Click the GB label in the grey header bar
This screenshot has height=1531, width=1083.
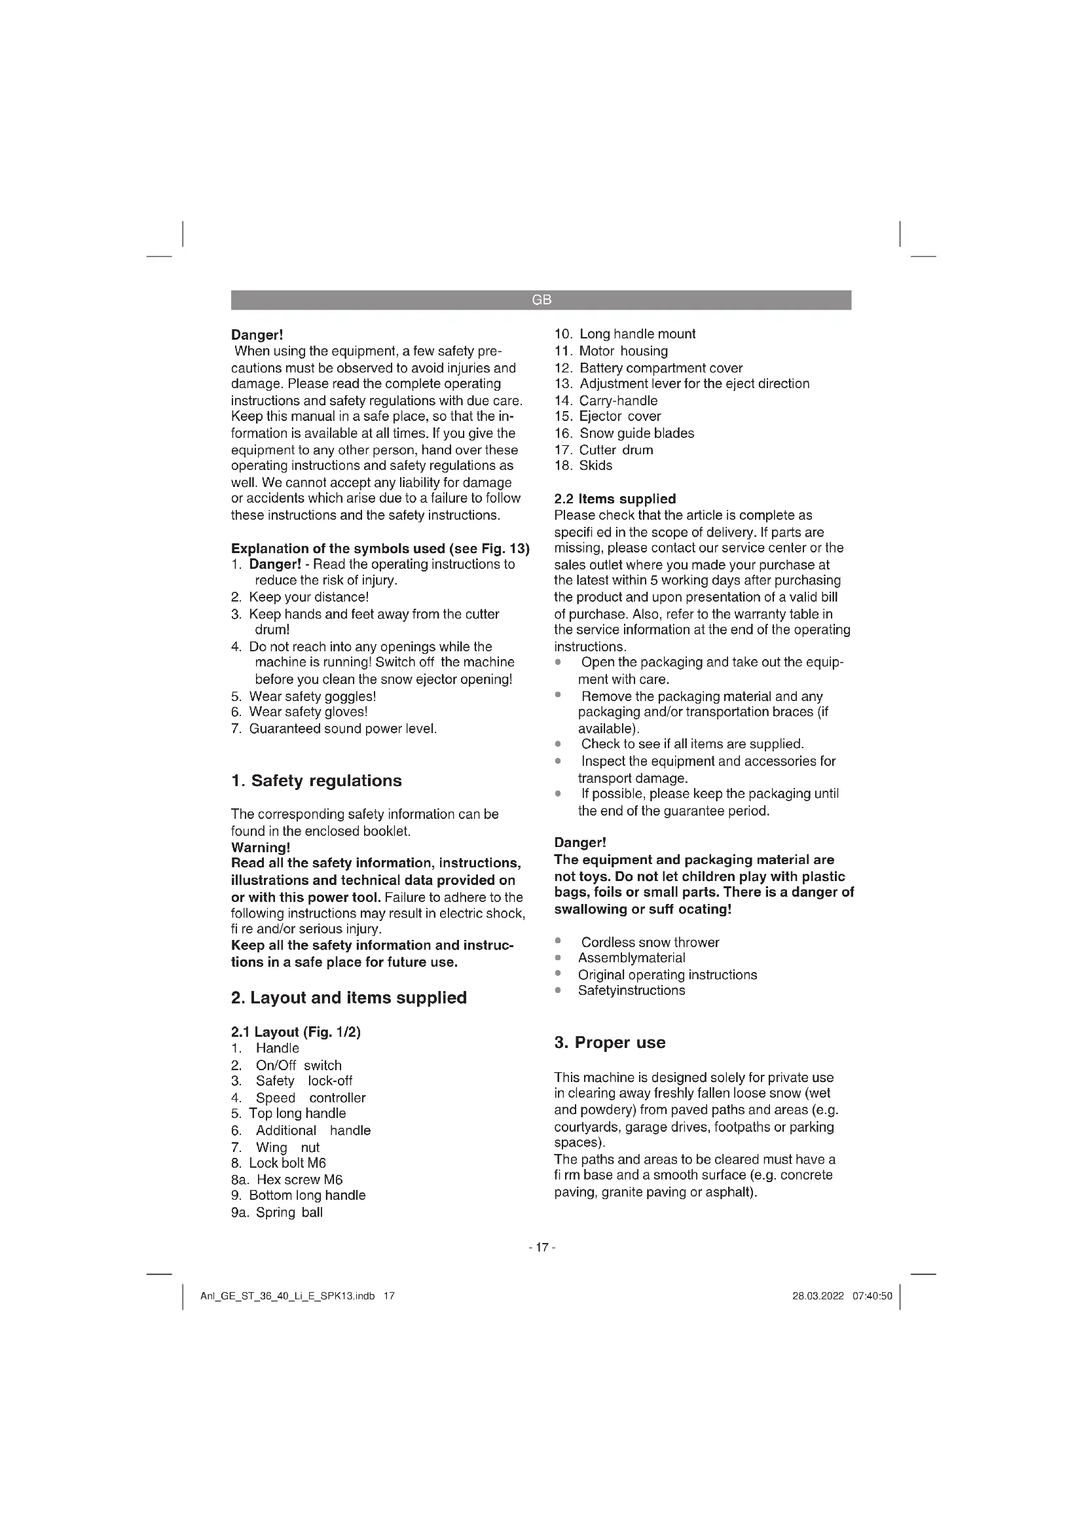tap(541, 300)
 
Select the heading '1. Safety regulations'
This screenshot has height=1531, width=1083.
tap(316, 781)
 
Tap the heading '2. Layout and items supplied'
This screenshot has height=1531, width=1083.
tap(348, 998)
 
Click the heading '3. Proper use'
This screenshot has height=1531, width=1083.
tap(610, 1042)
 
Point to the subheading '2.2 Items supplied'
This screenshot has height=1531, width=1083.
tap(615, 499)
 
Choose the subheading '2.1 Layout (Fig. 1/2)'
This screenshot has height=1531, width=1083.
tap(295, 1032)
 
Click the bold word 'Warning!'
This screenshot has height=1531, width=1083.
tap(260, 848)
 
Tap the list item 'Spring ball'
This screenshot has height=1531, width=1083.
tap(289, 1212)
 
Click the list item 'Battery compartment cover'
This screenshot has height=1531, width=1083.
tap(660, 368)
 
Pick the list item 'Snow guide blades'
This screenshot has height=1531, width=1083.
tap(636, 433)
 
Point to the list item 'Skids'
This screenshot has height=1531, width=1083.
tap(595, 465)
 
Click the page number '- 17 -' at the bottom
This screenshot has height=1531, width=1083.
tap(541, 1247)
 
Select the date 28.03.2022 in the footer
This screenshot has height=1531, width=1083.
tap(818, 1296)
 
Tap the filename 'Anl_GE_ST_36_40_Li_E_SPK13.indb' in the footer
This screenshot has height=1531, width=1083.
tap(287, 1296)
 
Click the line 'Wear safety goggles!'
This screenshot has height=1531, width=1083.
tap(312, 696)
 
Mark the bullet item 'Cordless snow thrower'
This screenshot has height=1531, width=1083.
tap(650, 942)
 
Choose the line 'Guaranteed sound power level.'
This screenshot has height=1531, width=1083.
tap(342, 729)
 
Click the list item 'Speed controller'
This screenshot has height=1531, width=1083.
tap(310, 1098)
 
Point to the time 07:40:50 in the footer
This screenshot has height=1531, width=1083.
tap(872, 1296)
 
